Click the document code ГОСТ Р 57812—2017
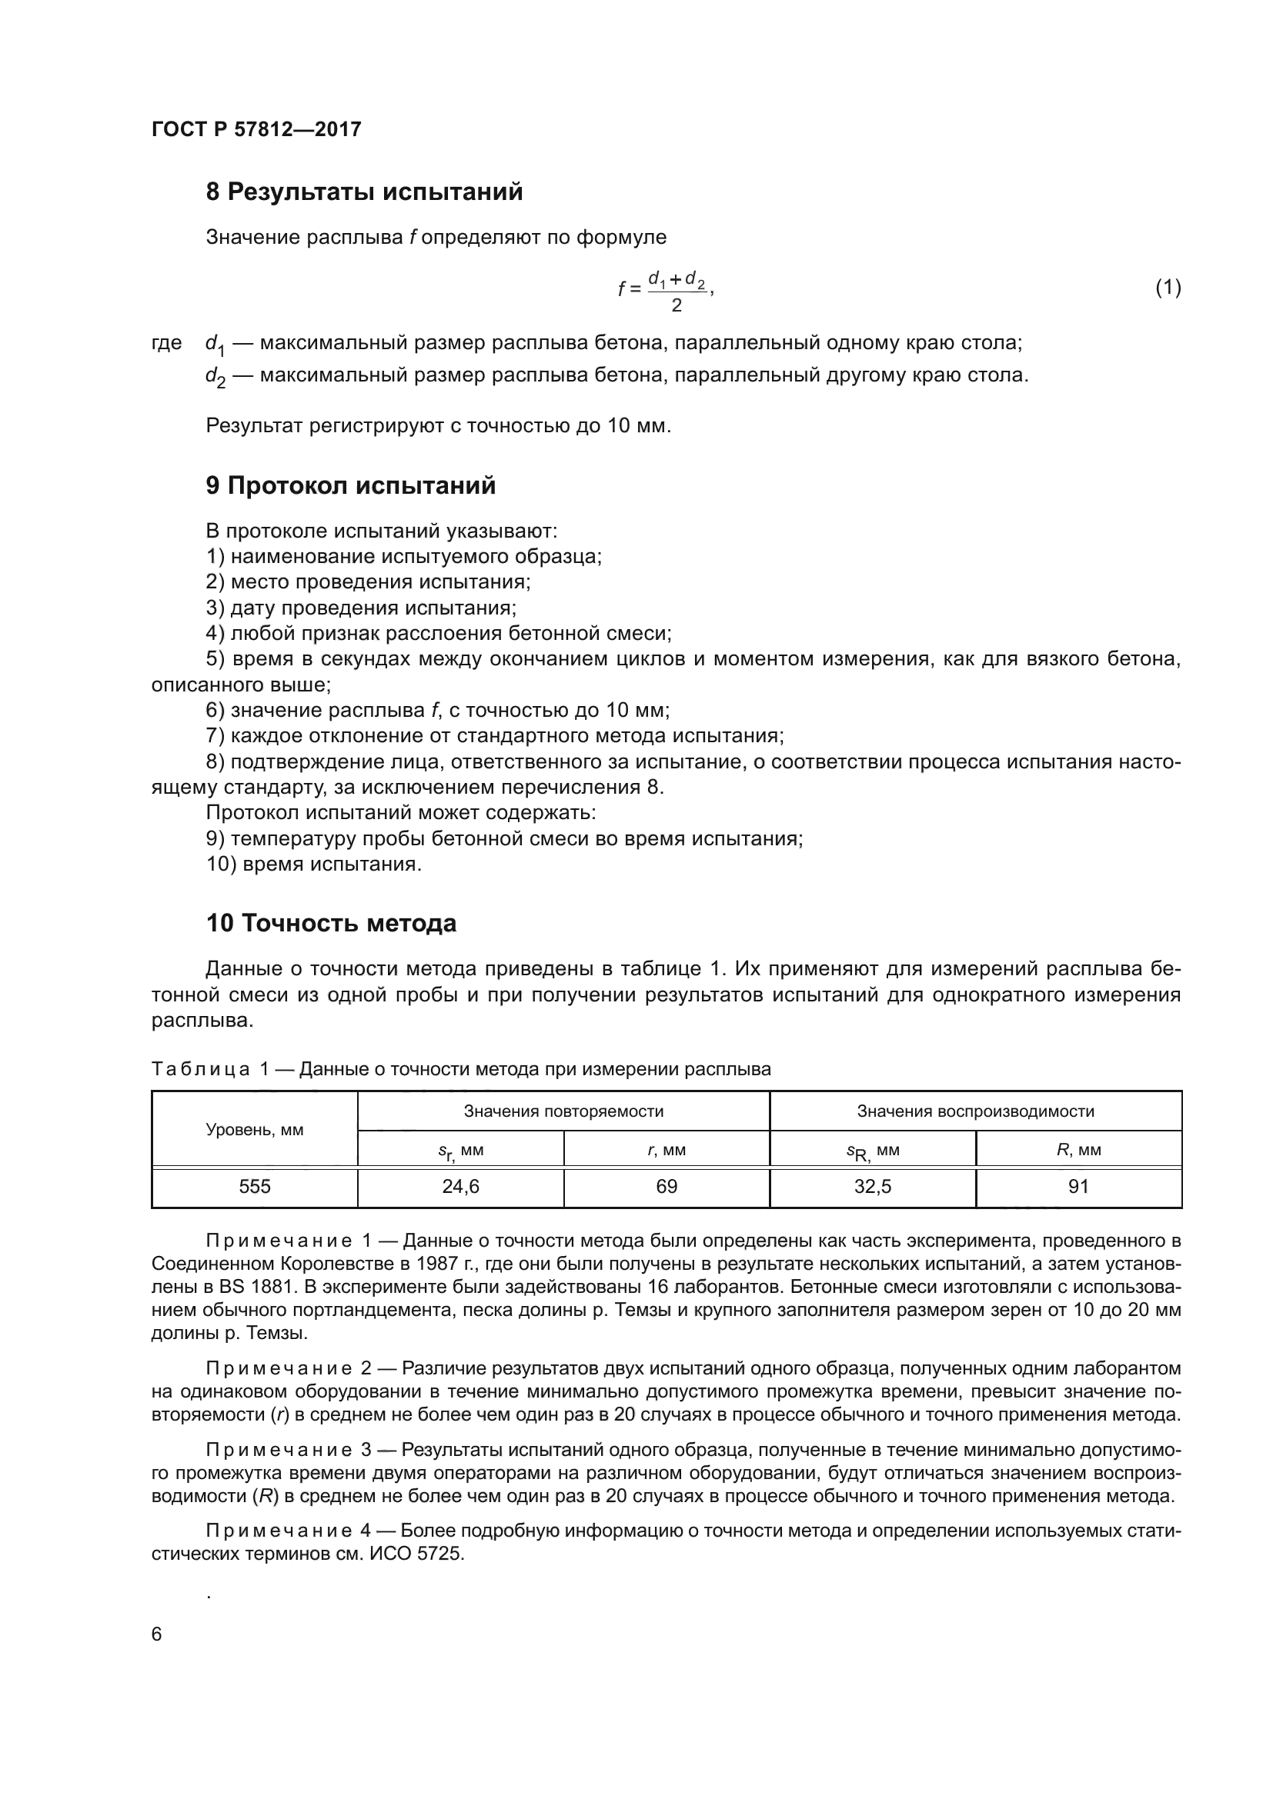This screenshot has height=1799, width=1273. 256,129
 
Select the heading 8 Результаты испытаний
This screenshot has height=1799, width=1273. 364,192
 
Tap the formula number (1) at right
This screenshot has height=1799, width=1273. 1168,288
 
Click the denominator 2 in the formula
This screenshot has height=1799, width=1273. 677,305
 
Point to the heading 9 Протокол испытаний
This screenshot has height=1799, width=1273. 350,486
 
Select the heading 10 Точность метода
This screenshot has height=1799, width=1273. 331,923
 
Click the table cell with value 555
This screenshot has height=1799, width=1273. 255,1187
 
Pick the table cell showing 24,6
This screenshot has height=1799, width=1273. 460,1187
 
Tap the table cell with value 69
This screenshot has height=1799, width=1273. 667,1187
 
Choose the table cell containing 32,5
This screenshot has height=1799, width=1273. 873,1187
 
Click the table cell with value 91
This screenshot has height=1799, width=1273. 1078,1187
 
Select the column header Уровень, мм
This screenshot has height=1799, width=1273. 255,1130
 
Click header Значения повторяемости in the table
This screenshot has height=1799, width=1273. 563,1111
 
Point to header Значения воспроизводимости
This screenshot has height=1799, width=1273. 975,1111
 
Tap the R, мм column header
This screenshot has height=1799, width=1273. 1078,1150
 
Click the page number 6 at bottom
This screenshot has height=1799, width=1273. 157,1634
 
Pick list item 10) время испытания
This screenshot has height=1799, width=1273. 313,865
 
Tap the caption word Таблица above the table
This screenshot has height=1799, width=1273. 201,1070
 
